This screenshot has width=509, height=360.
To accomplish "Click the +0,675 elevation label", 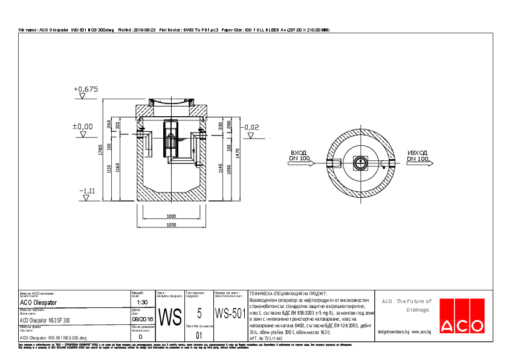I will click(86, 89).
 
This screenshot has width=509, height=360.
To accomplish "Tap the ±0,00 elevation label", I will click(83, 126).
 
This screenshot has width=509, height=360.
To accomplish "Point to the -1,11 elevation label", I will click(87, 191).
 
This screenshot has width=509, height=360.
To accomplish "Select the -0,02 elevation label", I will click(251, 127).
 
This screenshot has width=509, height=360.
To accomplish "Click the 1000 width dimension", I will click(172, 216).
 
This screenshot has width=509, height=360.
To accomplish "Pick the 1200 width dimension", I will click(172, 225).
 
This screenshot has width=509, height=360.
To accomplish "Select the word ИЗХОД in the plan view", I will click(418, 153).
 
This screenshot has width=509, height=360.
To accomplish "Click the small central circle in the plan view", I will click(360, 162).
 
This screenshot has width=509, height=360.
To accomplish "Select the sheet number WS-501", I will click(230, 314).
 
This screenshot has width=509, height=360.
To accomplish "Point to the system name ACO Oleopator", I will click(39, 302).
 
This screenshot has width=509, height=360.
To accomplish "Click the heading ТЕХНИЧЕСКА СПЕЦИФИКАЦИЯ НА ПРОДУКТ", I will click(288, 292).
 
